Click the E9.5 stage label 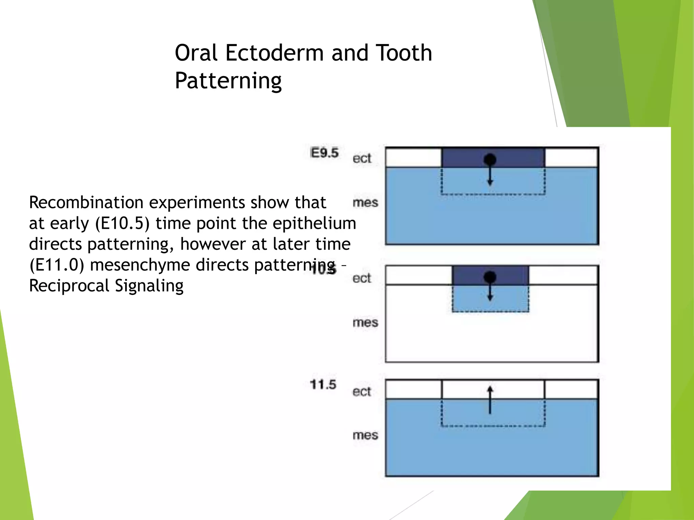(324, 153)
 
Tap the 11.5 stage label (323, 385)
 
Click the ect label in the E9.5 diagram (362, 158)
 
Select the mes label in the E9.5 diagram (365, 202)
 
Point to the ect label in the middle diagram (362, 278)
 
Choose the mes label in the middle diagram (365, 322)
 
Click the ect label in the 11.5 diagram (362, 392)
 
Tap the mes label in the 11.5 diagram (365, 435)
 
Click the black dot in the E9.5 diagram (490, 159)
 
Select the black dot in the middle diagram (490, 277)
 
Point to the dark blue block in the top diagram (464, 157)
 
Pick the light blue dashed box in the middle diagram (474, 300)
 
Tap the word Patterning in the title (228, 81)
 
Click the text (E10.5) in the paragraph (122, 223)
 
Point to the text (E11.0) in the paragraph (57, 265)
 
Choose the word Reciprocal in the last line (69, 286)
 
